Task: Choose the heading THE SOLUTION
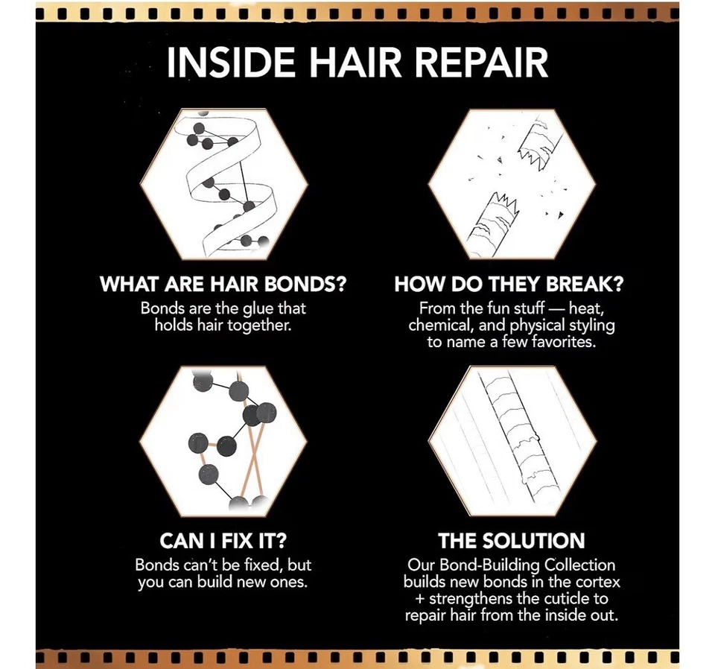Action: [x=511, y=539]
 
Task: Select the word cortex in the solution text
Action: [x=597, y=582]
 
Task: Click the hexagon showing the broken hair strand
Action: [x=511, y=185]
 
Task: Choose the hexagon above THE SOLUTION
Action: [x=511, y=440]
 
